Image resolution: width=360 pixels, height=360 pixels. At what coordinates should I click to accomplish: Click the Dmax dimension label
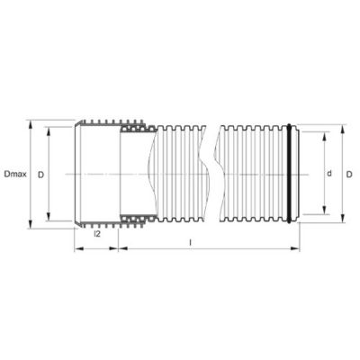click(15, 174)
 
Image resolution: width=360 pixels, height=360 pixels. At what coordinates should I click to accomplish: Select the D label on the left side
click(40, 175)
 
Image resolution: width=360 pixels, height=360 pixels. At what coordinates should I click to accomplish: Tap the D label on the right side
click(349, 174)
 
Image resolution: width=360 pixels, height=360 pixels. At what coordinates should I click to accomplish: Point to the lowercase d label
click(329, 174)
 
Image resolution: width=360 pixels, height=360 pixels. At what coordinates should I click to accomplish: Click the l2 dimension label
click(97, 234)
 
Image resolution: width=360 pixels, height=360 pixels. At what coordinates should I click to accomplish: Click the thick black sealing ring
click(289, 173)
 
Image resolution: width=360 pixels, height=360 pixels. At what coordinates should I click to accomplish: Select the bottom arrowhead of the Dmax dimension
click(30, 224)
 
